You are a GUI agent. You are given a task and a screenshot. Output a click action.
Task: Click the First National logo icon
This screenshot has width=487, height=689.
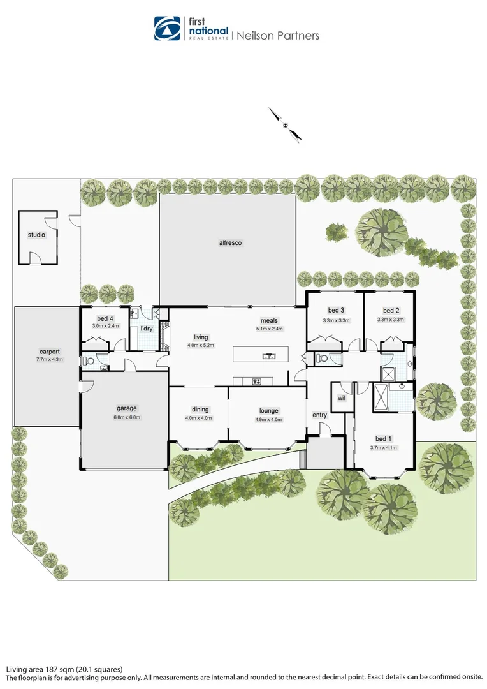(x=168, y=28)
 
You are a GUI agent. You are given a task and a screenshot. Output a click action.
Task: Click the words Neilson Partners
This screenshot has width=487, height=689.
(x=278, y=36)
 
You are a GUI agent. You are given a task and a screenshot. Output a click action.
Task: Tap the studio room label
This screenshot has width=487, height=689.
(x=36, y=235)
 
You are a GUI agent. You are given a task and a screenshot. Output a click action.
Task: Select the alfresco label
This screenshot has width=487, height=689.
(x=230, y=242)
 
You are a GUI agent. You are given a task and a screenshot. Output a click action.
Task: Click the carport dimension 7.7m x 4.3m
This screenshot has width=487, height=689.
(x=50, y=360)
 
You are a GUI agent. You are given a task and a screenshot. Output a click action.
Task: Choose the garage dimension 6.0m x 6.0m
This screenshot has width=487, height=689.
(x=127, y=417)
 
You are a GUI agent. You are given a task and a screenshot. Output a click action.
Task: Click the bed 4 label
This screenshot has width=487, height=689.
(x=105, y=318)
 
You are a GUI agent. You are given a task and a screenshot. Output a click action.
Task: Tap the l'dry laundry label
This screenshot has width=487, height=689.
(x=147, y=329)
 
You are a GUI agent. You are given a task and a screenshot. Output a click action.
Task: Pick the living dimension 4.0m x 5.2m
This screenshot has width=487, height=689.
(x=201, y=345)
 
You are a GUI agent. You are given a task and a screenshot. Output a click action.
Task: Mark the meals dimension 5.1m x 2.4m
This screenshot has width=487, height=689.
(x=268, y=329)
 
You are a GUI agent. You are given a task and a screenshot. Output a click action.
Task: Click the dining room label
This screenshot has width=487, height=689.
(x=200, y=410)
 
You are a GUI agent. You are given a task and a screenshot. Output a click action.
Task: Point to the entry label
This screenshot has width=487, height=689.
(x=319, y=415)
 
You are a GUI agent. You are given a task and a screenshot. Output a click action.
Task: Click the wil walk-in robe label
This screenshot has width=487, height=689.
(x=340, y=397)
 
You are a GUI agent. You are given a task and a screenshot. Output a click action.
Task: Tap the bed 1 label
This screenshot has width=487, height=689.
(x=383, y=439)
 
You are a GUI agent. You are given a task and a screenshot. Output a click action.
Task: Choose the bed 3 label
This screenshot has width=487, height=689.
(x=336, y=311)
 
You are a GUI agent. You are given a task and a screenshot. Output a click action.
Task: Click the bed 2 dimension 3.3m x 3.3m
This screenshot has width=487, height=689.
(x=391, y=320)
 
